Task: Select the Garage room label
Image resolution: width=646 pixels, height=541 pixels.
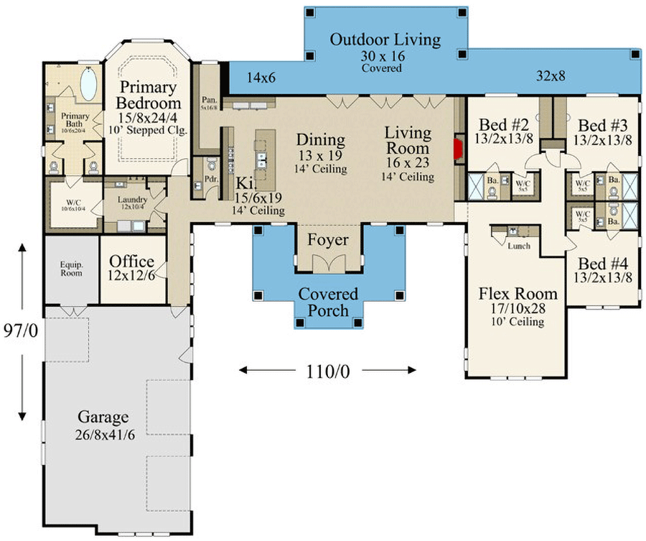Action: (103, 417)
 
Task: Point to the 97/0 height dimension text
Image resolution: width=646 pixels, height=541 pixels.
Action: (22, 333)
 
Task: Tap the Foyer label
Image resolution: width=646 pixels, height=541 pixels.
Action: (328, 240)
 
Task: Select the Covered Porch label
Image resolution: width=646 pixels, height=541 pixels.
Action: (328, 302)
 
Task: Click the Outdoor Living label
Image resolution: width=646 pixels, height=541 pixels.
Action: (385, 40)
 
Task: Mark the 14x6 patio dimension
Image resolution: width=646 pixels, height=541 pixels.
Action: (261, 77)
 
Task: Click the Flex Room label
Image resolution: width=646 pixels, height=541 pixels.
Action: (518, 293)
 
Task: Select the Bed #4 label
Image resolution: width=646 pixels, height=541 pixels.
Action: (601, 263)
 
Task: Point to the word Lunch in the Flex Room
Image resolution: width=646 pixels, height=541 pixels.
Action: (518, 246)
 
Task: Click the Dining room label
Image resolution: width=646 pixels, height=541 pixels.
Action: (321, 140)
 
